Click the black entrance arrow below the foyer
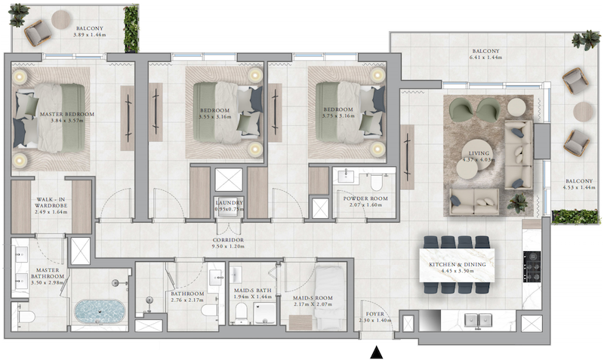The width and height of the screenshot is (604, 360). (376, 352)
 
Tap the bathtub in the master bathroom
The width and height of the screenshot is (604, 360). (100, 312)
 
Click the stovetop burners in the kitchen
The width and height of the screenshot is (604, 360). (532, 266)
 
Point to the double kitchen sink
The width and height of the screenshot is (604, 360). (478, 320)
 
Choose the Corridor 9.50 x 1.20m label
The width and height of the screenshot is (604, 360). (229, 243)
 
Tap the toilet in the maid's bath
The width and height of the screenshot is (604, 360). (241, 311)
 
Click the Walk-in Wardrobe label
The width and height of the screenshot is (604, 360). (51, 205)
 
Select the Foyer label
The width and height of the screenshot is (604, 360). (374, 317)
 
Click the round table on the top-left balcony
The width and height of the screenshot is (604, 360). (61, 18)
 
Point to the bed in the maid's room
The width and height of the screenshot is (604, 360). (329, 292)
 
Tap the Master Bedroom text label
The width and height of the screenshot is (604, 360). (67, 117)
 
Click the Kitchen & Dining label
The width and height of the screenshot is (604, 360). (458, 268)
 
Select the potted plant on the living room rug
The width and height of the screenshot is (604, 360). (517, 202)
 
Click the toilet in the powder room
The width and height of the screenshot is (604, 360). (376, 182)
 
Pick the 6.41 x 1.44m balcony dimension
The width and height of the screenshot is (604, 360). (485, 57)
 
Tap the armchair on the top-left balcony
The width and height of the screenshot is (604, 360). (38, 32)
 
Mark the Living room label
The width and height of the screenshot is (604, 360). (479, 156)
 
